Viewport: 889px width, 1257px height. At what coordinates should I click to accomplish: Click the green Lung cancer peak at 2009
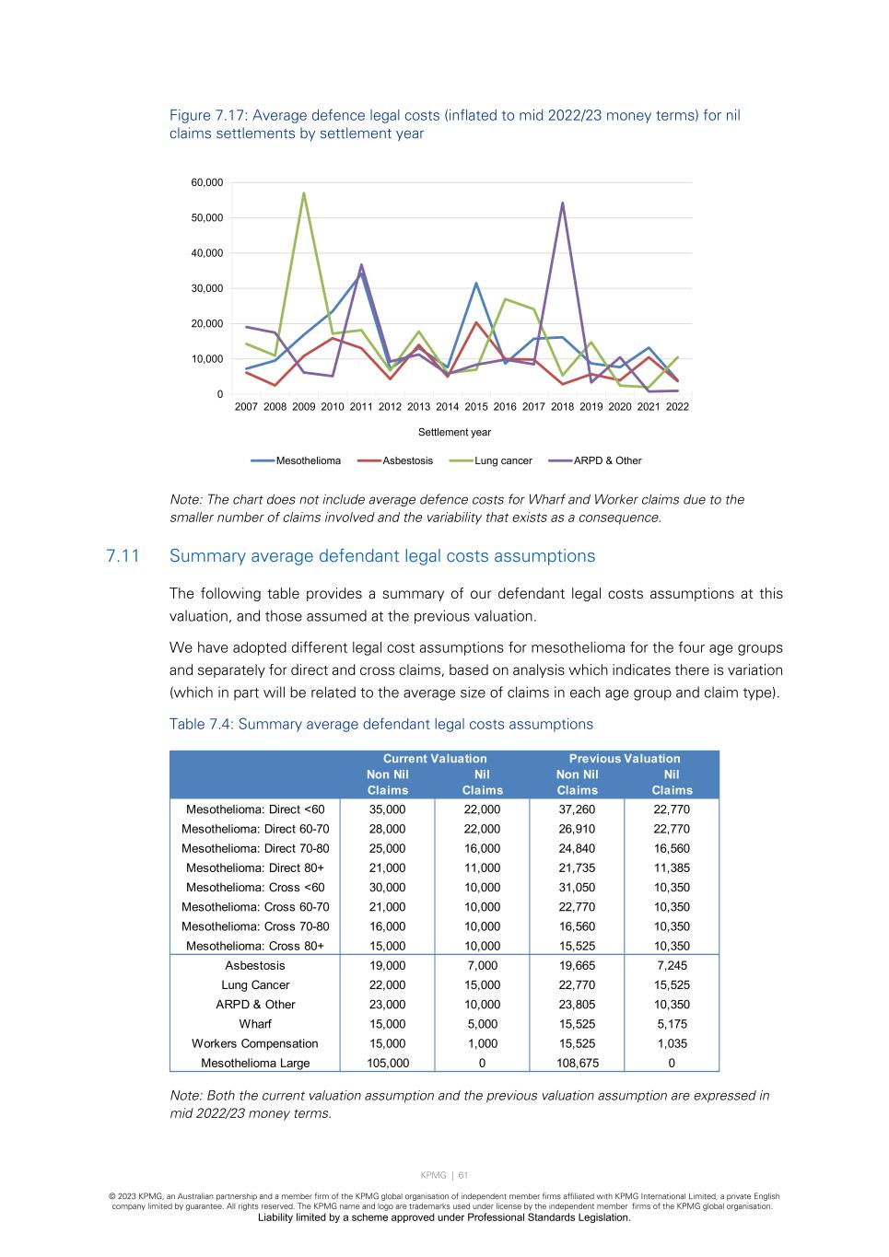coord(304,193)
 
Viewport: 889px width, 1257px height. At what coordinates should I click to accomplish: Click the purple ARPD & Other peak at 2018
coord(562,204)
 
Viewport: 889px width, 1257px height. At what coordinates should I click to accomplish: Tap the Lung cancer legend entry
coord(503,460)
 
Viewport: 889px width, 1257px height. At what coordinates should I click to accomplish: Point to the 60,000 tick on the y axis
coord(207,182)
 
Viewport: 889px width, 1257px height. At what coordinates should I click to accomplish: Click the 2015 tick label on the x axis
coord(476,407)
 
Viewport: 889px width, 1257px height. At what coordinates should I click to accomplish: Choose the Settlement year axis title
coord(454,432)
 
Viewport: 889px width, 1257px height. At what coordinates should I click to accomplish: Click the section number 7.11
coord(123,556)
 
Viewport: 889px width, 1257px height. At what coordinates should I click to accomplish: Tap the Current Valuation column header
coord(435,759)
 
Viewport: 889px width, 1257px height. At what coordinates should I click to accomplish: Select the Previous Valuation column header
coord(625,759)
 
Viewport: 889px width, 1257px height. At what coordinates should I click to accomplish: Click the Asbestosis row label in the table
coord(255,966)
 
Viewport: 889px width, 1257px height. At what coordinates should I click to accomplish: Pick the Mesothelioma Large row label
coord(255,1064)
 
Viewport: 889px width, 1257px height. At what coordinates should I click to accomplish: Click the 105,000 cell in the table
coord(387,1064)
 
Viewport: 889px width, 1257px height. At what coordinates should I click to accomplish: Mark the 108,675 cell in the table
coord(577,1064)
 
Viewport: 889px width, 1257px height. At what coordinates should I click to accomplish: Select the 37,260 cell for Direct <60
coord(577,809)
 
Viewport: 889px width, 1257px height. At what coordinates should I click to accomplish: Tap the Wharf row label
coord(255,1024)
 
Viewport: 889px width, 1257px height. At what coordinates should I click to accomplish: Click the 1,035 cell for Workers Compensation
coord(672,1044)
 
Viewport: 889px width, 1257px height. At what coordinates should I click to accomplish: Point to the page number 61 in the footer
coord(463,1175)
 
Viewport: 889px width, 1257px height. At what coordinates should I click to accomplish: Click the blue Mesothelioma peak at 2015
coord(476,283)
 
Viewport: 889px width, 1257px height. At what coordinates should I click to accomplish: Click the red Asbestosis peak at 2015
coord(476,322)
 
